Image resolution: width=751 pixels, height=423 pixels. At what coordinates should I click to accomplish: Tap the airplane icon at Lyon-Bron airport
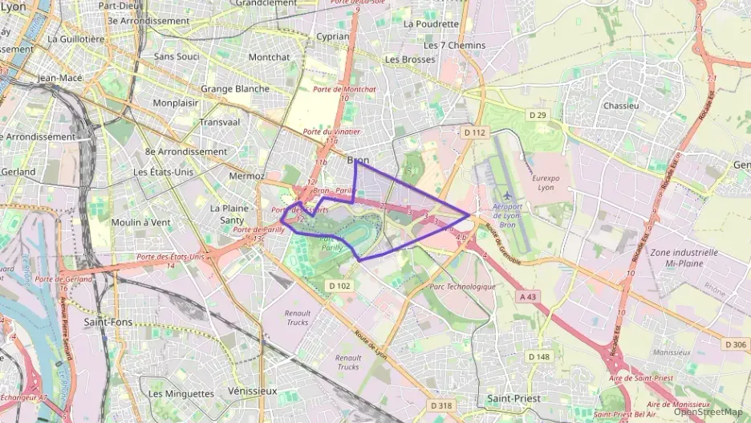point(507,195)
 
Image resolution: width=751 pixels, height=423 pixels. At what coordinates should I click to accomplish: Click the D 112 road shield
point(475,132)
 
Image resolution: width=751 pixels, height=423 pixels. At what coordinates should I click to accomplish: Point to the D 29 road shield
point(538,116)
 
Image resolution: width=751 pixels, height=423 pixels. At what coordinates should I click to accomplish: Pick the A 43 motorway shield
point(528,297)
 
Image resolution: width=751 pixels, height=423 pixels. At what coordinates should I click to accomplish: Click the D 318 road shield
point(441,406)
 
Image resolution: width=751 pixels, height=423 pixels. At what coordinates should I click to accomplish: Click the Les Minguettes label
point(181,393)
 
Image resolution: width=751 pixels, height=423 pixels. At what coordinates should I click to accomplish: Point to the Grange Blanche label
point(235,88)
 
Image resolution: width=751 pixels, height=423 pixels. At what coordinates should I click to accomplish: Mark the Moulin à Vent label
point(140,222)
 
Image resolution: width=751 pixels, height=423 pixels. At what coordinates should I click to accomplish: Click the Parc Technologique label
point(463,287)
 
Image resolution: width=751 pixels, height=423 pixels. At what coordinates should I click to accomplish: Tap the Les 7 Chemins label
point(454,45)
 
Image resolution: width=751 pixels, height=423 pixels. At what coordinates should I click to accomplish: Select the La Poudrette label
point(431,23)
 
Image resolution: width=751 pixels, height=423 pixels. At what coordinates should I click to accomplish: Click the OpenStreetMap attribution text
point(708,412)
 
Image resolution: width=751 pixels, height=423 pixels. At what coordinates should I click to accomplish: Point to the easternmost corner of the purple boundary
point(469,214)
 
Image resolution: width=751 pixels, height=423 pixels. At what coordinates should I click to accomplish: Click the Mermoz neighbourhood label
point(246,176)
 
